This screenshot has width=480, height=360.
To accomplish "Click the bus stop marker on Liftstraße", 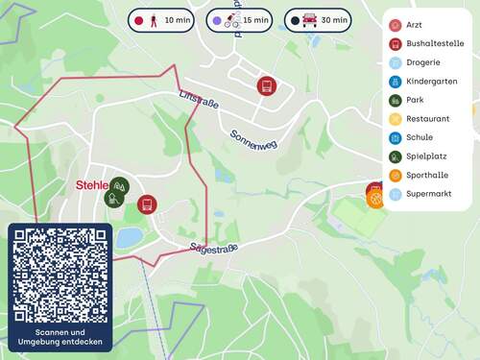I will [266, 85].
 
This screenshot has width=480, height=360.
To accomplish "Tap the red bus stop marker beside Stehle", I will [146, 204].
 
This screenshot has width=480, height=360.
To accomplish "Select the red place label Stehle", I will [92, 185].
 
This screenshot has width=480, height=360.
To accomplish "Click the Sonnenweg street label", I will [253, 137].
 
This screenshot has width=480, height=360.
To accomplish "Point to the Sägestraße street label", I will [213, 248].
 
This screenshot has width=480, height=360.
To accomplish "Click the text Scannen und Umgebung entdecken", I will [60, 337].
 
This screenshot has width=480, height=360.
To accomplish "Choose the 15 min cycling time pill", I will [240, 20].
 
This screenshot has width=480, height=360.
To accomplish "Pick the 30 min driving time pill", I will [319, 20].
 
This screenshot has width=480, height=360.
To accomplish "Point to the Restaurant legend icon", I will [396, 118].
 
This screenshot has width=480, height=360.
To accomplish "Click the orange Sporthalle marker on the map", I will [375, 199].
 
